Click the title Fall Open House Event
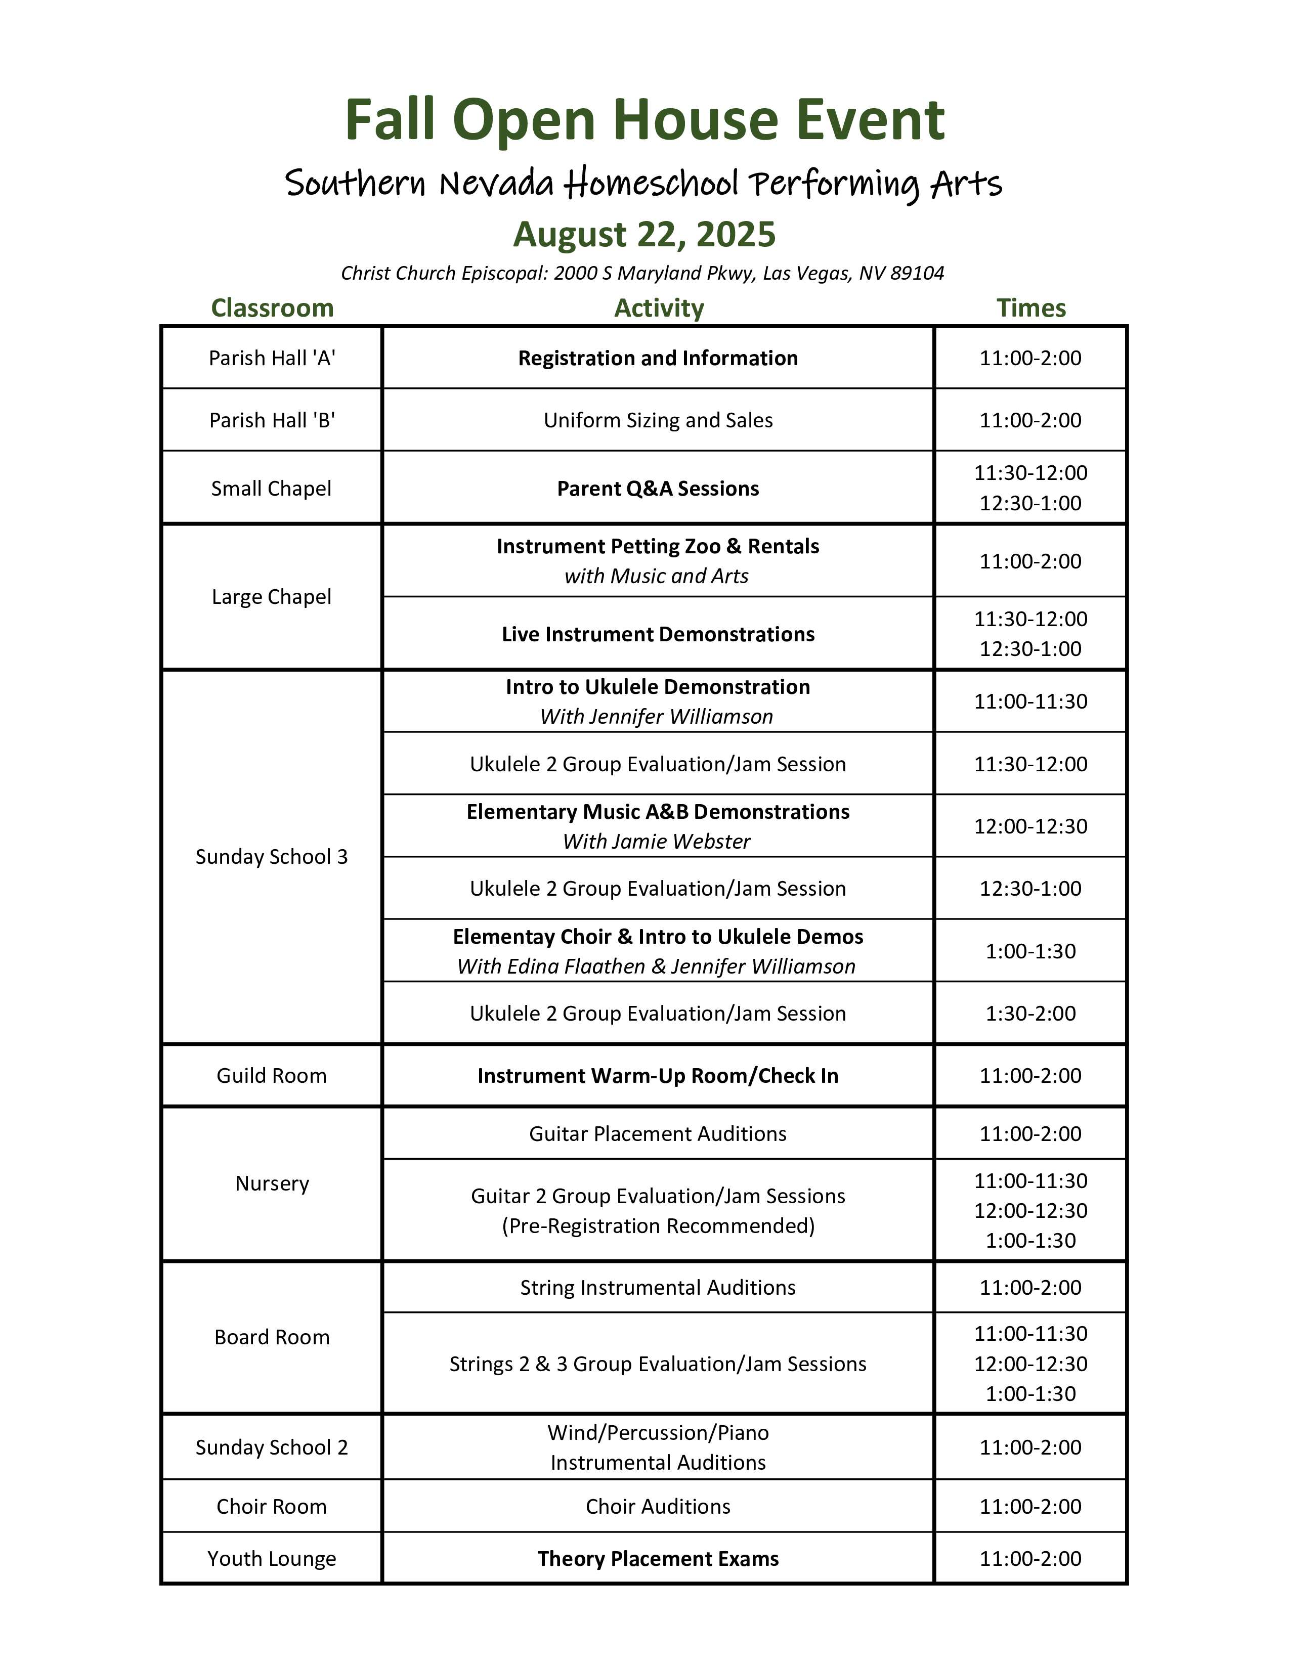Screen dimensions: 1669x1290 (x=644, y=120)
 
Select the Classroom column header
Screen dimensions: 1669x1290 (x=272, y=308)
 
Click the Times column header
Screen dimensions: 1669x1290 (x=1030, y=308)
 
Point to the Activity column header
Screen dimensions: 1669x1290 (x=659, y=308)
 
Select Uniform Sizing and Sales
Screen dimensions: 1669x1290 (x=658, y=420)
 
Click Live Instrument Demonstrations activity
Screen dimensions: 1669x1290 (x=658, y=634)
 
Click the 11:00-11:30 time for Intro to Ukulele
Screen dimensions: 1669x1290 (x=1030, y=701)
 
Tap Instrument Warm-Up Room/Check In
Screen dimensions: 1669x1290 (x=658, y=1076)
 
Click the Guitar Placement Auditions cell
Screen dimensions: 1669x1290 (x=658, y=1134)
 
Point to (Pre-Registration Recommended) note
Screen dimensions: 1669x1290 (x=658, y=1226)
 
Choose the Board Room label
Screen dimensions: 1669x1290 (x=272, y=1337)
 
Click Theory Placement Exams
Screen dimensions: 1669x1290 (x=658, y=1559)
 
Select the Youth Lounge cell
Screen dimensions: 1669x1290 (x=272, y=1559)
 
